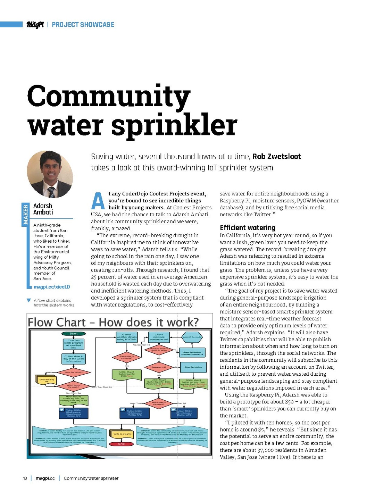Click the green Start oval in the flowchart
pos(74,334)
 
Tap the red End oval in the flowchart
pos(121,444)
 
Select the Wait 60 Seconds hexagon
pos(192,337)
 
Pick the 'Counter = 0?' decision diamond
pos(159,367)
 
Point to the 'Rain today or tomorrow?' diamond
pos(126,357)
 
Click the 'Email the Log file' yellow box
pos(47,380)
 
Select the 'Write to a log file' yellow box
pos(122,434)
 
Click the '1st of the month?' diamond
pos(74,372)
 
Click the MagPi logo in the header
pos(35,25)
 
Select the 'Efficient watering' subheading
pos(247,228)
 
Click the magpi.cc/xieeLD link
pos(52,287)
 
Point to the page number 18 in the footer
pos(25,478)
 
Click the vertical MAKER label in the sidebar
pos(25,215)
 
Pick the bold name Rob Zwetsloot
pos(276,157)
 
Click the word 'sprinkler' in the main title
pos(174,126)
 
